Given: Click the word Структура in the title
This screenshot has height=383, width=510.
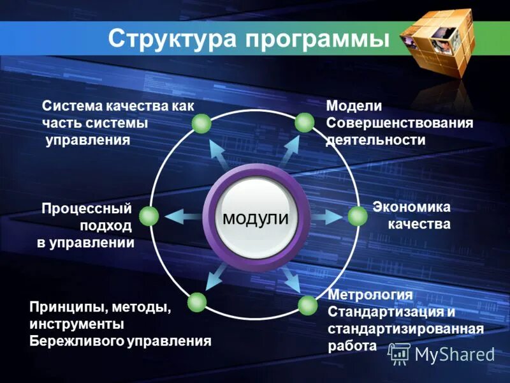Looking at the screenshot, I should pos(171,39).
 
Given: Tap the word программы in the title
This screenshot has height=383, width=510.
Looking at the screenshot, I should pos(317,40).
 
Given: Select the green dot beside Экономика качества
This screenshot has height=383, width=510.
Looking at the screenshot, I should pos(358,216).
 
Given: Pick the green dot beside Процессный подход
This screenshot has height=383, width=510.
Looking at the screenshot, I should pos(149,216).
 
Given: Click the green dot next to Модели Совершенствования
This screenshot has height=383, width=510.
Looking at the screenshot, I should pos(304,123).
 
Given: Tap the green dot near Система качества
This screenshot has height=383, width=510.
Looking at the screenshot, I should pos(201,123).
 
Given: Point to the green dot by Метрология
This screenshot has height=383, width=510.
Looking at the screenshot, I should pos(307,306).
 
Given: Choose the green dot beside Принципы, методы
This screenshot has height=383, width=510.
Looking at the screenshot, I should pos(197,302).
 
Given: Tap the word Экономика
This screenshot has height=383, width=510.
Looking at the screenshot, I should pos(411,207).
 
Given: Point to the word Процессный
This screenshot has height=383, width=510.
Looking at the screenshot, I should pos(87,208).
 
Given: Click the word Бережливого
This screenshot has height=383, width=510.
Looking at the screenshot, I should pos(76,341).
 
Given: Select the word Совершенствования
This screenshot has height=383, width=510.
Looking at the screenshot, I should pos(400,123).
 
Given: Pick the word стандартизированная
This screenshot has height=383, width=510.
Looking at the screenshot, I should pos(405,329).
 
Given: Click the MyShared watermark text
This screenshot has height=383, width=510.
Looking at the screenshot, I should pos(455,354).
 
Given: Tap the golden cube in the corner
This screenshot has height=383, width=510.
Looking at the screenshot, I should pos(441,43).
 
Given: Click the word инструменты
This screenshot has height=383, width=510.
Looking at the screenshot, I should pos(76,324).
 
